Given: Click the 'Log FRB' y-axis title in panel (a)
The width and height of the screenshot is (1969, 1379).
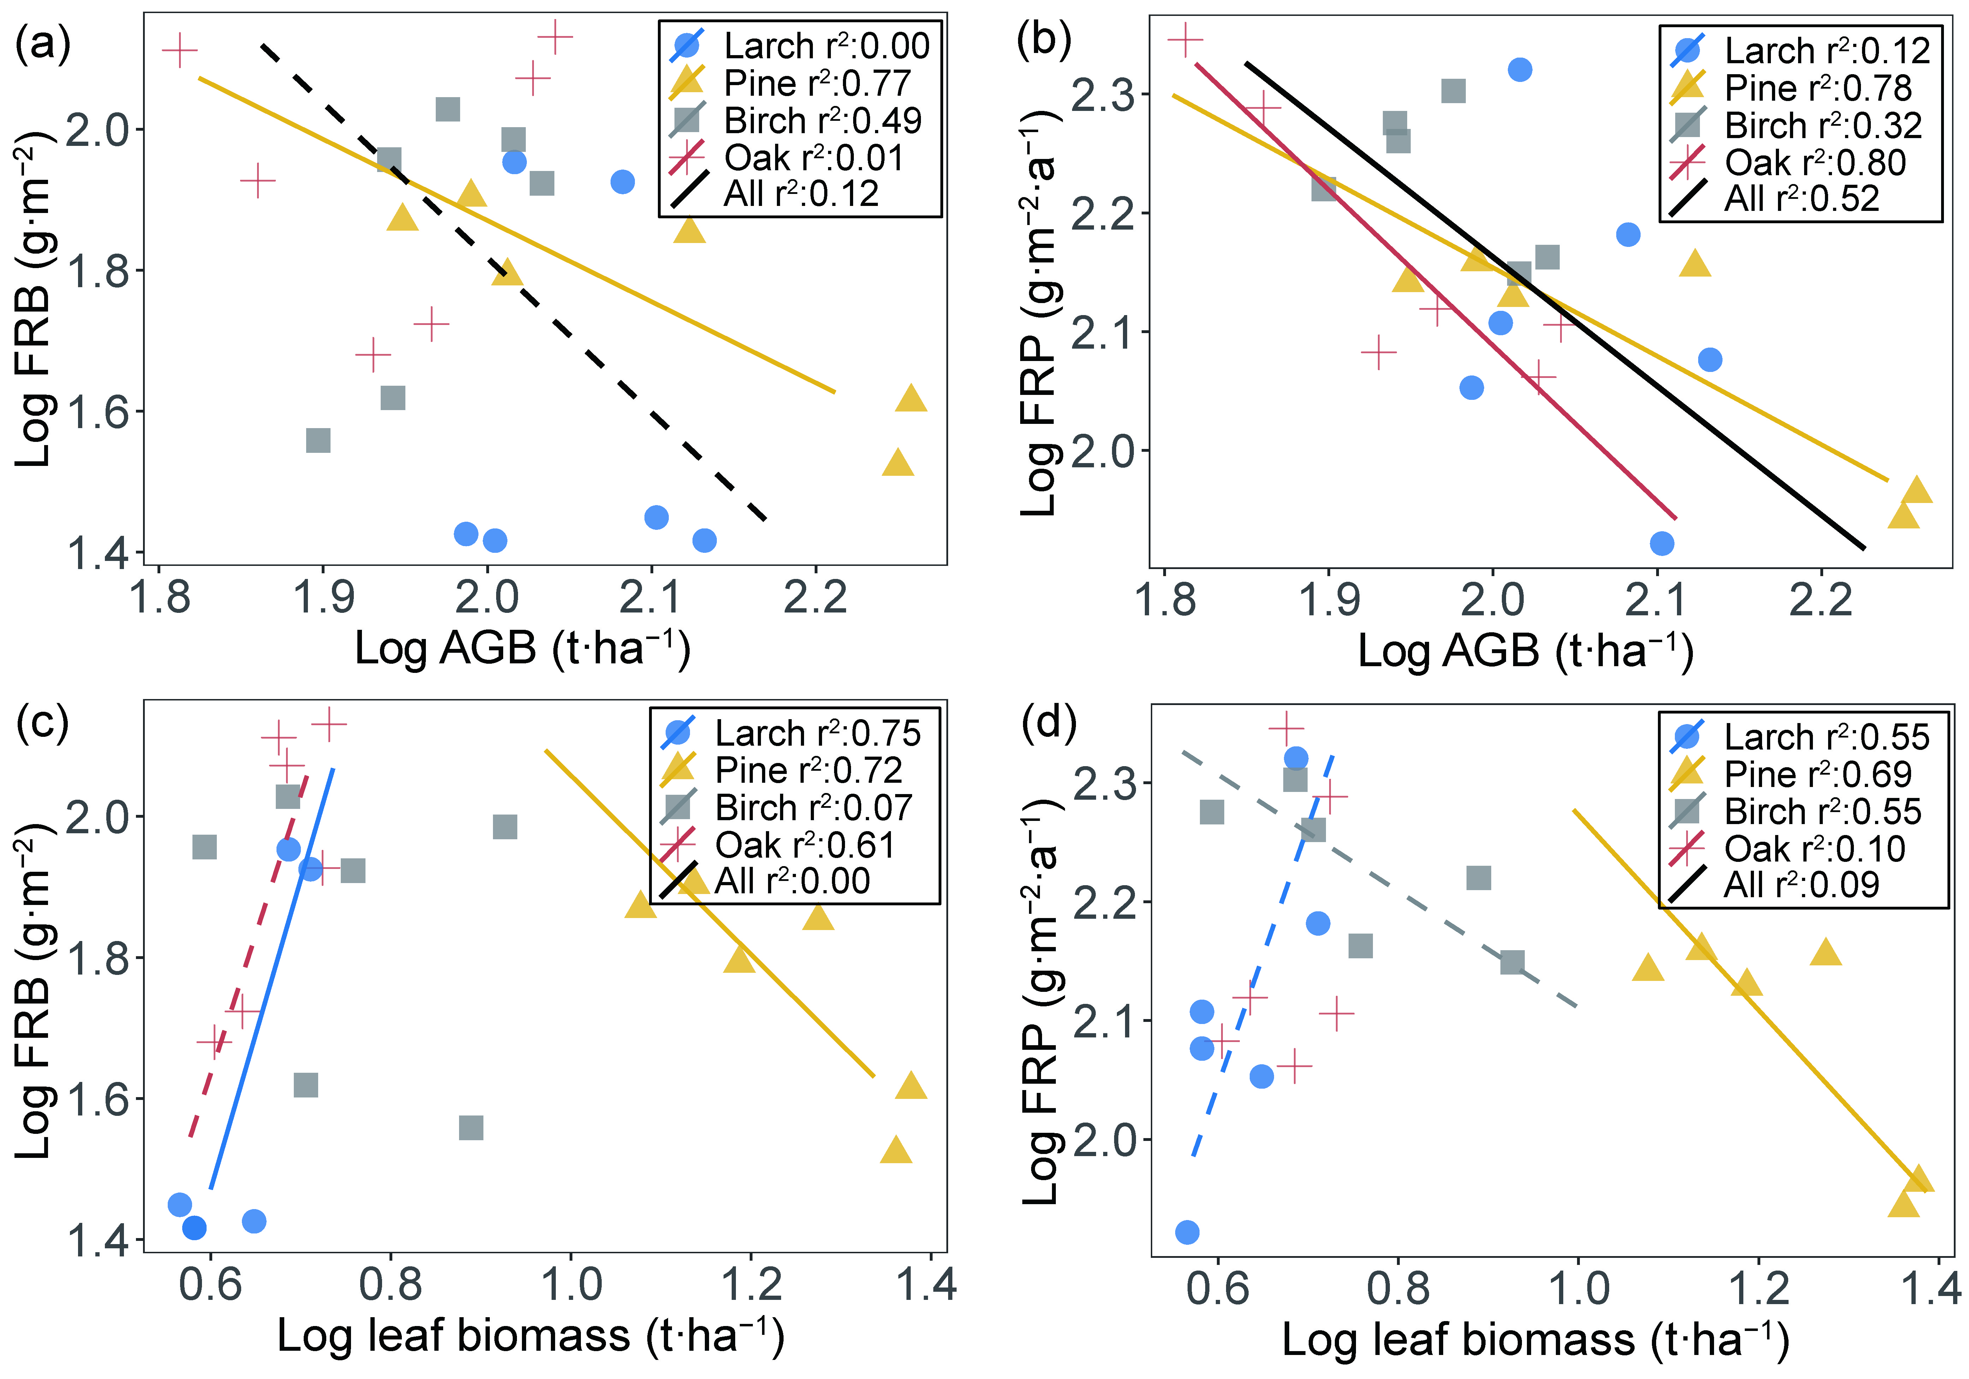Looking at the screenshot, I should (34, 300).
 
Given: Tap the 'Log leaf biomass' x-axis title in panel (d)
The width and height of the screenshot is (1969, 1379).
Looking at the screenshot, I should (1535, 1339).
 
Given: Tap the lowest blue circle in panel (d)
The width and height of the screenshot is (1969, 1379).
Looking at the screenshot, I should (1187, 1232).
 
